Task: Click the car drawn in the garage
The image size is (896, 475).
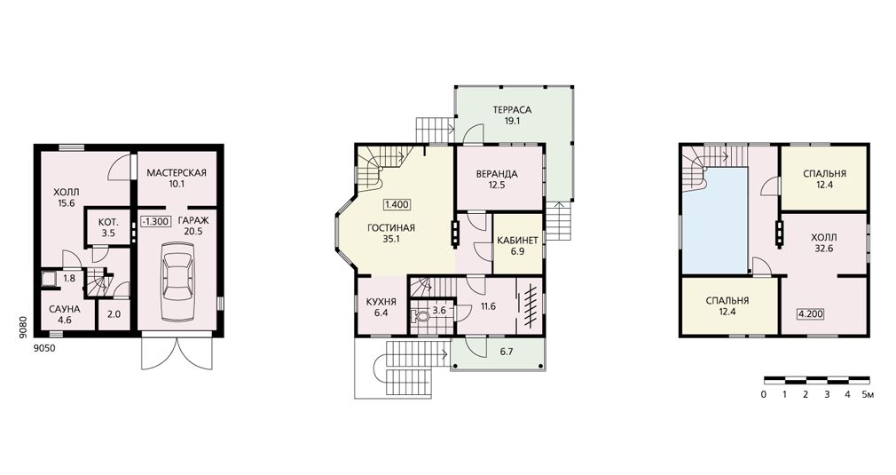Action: [177, 281]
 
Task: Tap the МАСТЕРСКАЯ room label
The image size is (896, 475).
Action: [176, 172]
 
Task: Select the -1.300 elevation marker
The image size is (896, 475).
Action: [155, 221]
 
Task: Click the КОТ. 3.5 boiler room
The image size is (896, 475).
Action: [108, 227]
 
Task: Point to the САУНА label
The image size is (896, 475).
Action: [65, 309]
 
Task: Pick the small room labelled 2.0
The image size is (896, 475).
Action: [114, 313]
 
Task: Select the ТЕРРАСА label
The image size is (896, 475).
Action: [512, 110]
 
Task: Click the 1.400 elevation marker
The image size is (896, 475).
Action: [397, 204]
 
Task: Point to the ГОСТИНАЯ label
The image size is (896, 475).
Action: [391, 227]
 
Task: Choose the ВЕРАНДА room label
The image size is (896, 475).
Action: [497, 174]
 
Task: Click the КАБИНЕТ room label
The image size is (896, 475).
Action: [518, 240]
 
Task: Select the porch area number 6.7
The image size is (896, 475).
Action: [507, 352]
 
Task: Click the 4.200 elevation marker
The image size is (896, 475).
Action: [811, 313]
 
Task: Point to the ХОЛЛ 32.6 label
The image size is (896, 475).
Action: [823, 242]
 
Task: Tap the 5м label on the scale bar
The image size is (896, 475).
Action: [868, 394]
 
